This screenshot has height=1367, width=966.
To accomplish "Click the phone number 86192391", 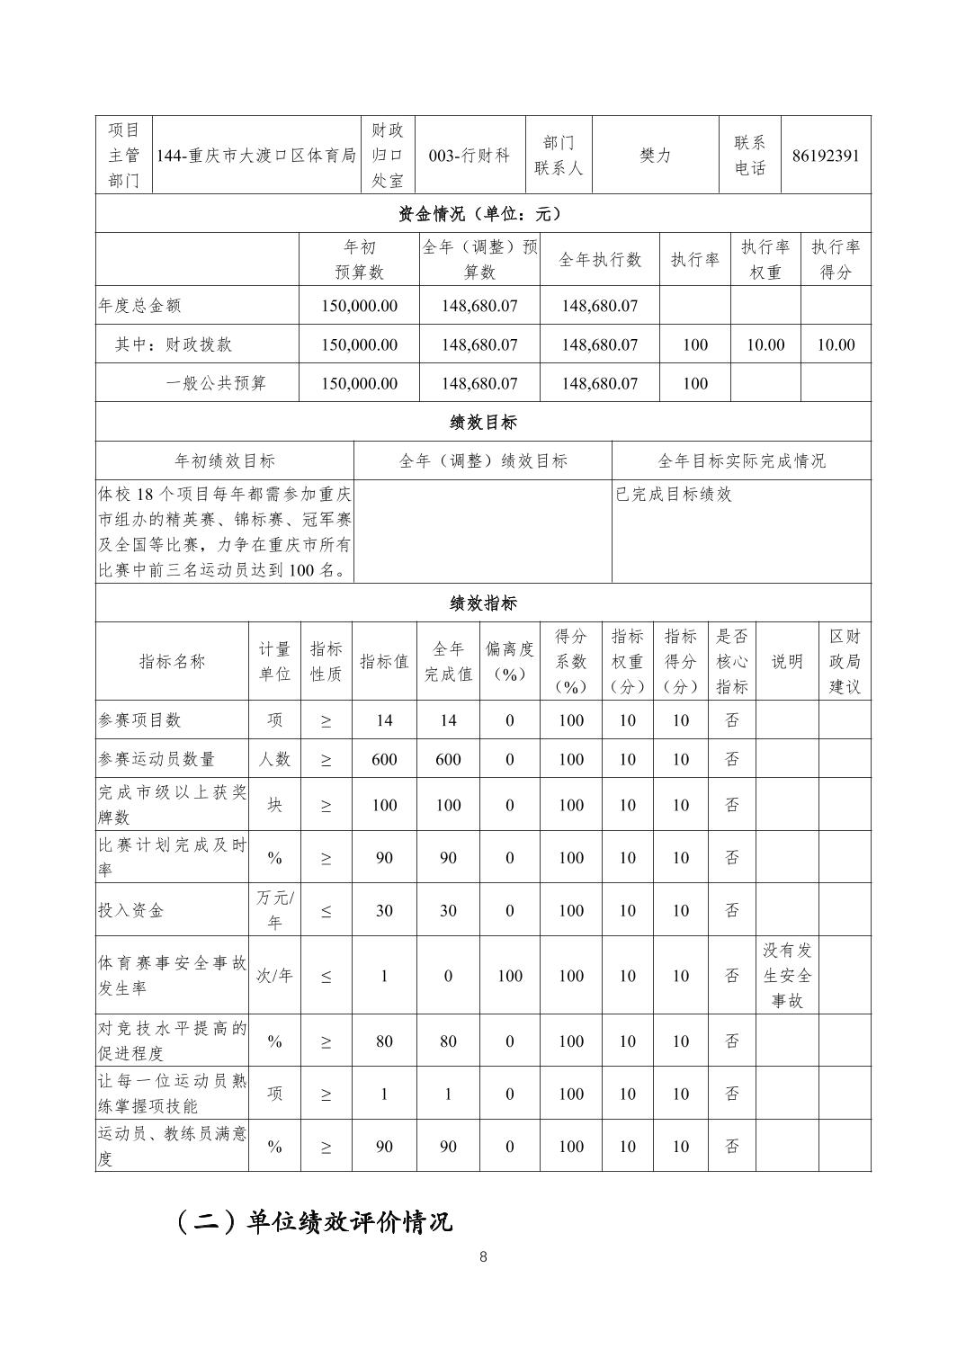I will tap(826, 155).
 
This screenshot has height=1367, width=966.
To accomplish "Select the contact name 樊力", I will tap(655, 155).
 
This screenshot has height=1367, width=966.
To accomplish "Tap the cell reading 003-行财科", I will tap(470, 155).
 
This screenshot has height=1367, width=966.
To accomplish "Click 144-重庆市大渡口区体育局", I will tap(256, 155).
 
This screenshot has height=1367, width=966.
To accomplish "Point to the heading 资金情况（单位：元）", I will tap(483, 214).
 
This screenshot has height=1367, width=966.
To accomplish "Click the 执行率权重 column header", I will tap(765, 259).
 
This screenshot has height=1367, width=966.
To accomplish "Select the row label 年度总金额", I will tap(139, 306).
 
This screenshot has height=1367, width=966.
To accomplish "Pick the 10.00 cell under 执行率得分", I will tap(836, 344).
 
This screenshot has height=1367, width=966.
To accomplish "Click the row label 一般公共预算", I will tap(217, 383).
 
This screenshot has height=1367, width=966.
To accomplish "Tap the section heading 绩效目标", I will tap(483, 422).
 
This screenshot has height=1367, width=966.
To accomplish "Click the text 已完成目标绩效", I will tap(674, 494).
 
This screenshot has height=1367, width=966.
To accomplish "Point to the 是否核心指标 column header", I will tap(731, 661).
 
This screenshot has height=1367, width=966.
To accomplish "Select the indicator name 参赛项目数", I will tap(139, 720).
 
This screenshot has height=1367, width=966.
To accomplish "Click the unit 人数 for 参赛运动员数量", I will tap(274, 759).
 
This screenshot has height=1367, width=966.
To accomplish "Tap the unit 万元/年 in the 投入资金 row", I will tap(274, 909).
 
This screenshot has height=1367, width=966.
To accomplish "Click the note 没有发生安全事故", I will tap(787, 976).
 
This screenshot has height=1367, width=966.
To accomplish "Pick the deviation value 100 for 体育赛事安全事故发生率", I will tap(509, 976).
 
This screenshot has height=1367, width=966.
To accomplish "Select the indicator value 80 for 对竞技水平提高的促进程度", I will tap(384, 1041).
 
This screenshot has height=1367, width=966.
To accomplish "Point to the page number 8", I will tap(483, 1257).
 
